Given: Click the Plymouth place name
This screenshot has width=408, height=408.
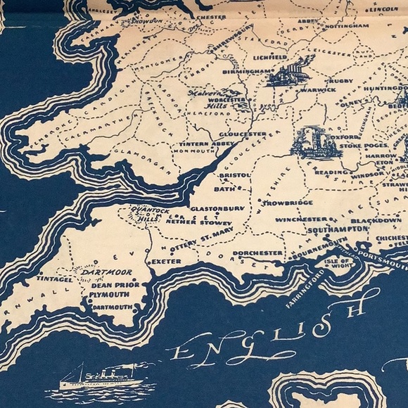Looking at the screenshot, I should [x=108, y=295].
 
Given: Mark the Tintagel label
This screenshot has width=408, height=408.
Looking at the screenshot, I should [x=55, y=279].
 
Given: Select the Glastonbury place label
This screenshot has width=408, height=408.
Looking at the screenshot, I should [x=215, y=208].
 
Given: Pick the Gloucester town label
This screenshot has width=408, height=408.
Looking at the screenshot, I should [x=243, y=134].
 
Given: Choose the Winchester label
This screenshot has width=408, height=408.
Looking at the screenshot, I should [x=300, y=219].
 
